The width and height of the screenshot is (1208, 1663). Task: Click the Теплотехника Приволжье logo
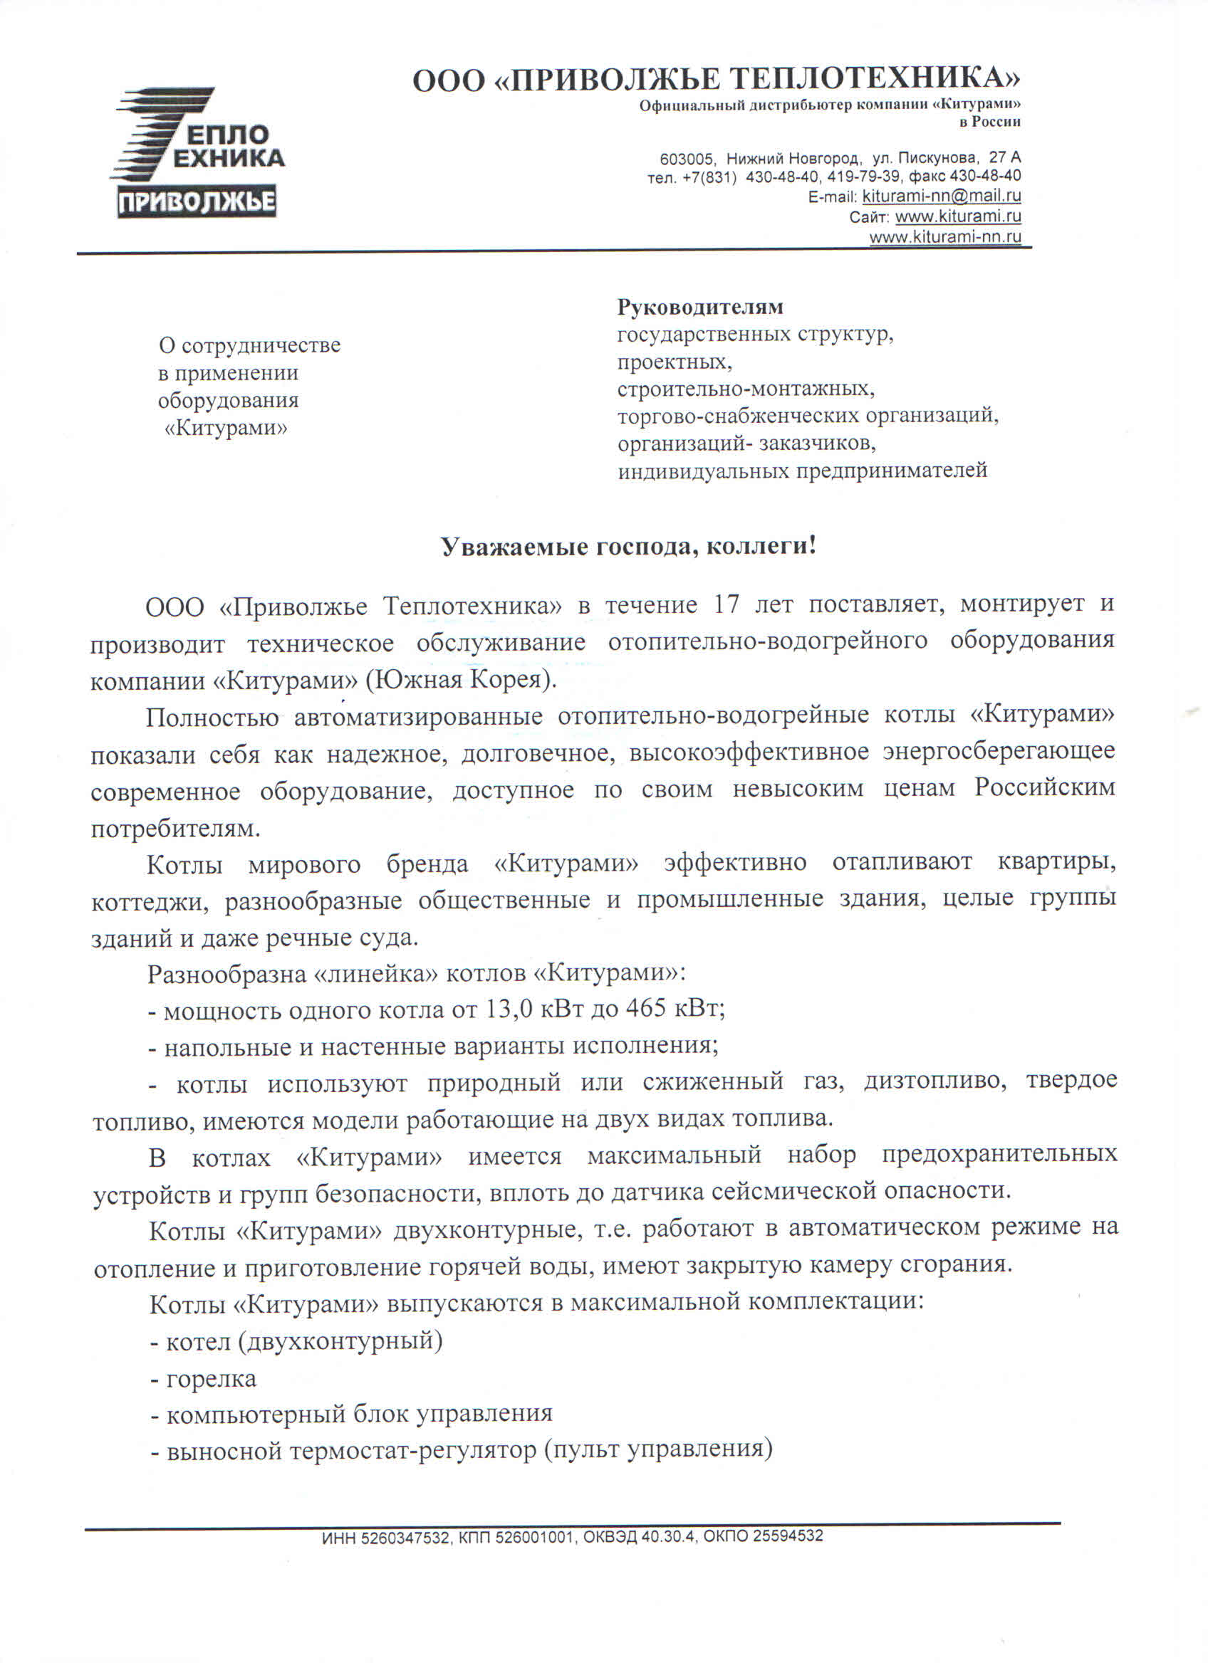(198, 153)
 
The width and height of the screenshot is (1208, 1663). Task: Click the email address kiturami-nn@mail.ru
(941, 196)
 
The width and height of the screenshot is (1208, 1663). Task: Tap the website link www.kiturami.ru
(958, 217)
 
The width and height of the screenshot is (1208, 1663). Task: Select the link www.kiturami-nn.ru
(944, 237)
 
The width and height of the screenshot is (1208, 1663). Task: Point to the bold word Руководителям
(699, 307)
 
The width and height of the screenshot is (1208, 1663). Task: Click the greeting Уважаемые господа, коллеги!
(628, 547)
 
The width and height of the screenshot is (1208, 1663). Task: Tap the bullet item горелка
(212, 1379)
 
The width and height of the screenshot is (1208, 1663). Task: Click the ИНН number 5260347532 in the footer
(402, 1536)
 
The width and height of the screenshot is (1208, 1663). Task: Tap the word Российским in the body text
(1044, 789)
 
